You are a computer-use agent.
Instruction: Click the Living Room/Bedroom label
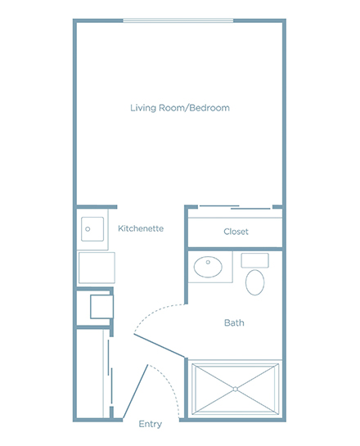[180, 108]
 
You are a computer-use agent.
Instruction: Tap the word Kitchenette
[141, 228]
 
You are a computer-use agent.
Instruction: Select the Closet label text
[236, 232]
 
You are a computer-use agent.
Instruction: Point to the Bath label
[234, 322]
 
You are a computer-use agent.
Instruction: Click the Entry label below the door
[151, 424]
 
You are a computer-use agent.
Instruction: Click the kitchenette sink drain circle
[88, 229]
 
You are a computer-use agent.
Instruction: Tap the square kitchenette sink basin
[92, 229]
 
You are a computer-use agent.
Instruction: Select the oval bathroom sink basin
[208, 267]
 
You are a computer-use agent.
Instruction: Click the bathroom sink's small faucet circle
[208, 262]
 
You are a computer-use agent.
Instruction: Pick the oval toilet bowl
[254, 282]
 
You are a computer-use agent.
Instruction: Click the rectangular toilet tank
[254, 260]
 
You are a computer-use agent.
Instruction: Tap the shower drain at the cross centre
[235, 389]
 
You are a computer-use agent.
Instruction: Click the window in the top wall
[178, 20]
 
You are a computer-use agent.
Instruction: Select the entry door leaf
[135, 391]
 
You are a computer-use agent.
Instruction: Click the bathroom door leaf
[160, 345]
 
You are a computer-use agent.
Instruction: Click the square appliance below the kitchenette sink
[97, 268]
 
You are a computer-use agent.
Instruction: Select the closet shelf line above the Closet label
[235, 218]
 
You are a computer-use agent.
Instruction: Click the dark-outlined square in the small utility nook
[101, 307]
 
